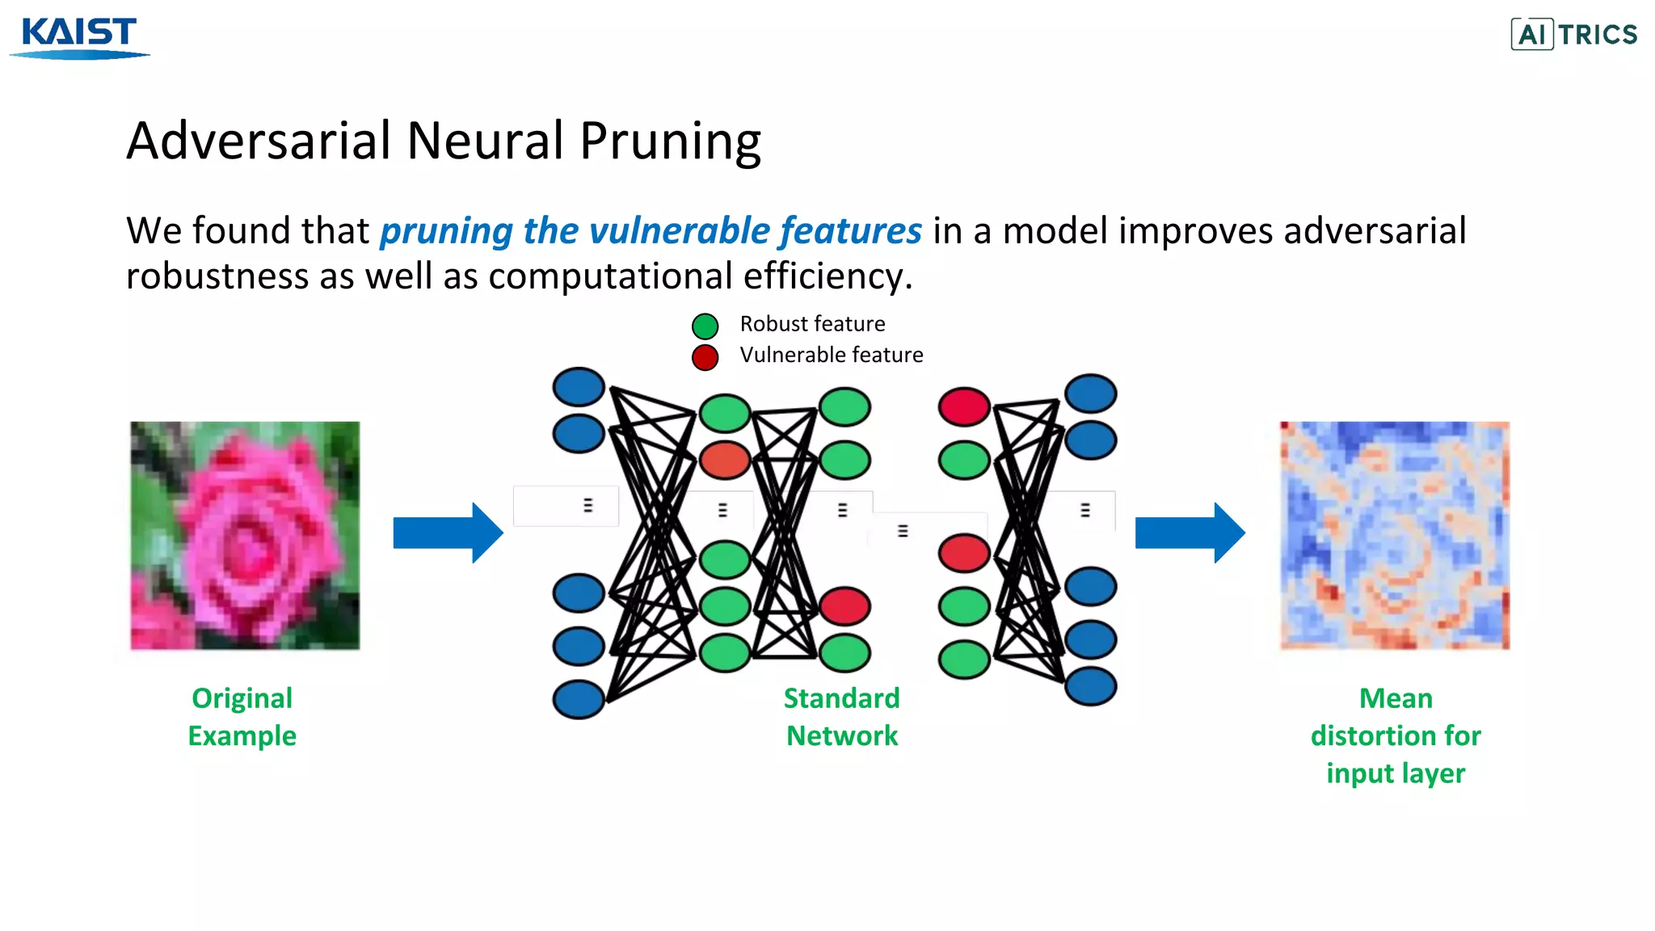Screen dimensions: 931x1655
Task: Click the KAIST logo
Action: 79,36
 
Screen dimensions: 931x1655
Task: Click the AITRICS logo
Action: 1573,34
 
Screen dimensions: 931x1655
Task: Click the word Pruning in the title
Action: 670,141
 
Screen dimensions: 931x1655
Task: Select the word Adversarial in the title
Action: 259,141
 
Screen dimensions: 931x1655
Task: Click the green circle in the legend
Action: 705,326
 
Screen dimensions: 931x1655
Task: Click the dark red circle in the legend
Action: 705,356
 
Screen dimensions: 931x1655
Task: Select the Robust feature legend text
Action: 812,324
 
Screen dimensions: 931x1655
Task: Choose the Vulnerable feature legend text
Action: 831,355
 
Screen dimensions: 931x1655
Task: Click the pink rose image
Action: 245,535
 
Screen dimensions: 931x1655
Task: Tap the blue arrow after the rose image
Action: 448,533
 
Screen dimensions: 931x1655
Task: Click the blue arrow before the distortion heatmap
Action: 1190,533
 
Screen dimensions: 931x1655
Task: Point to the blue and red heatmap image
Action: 1394,535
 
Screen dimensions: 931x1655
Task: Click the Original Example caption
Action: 242,717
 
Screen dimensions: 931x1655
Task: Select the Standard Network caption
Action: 841,717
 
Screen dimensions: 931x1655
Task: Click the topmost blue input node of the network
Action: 579,386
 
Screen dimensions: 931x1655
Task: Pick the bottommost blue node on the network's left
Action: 579,699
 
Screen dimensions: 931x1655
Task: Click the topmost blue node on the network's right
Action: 1090,394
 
